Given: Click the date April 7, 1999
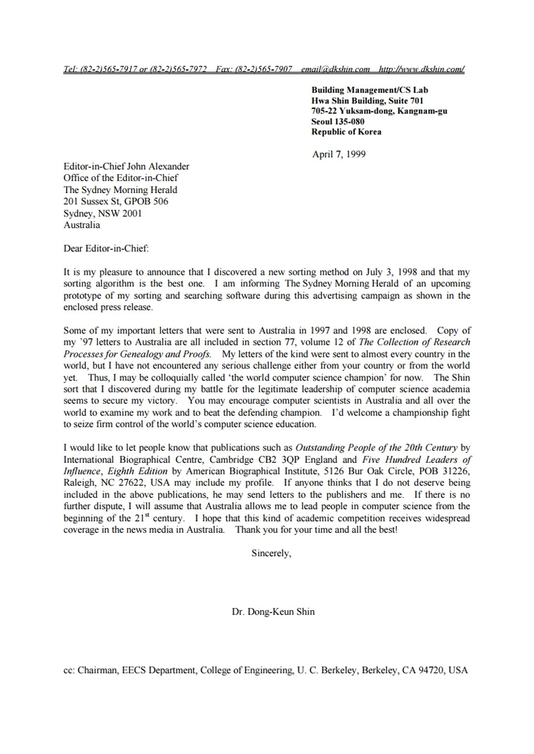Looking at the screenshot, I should point(339,154).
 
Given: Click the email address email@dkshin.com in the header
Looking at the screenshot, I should point(335,70).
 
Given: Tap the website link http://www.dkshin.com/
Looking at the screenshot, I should point(422,70).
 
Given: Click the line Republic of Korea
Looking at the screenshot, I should point(346,131).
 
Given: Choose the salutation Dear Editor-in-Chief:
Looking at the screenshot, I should point(106,248).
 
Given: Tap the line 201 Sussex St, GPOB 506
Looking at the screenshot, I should point(116,201).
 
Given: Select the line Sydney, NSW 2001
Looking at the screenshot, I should point(103,213).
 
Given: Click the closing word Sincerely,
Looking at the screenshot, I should point(271,553).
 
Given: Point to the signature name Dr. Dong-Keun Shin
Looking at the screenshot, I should point(273,611).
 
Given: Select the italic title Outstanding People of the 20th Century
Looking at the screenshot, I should point(376,447).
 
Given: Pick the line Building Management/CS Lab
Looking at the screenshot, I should point(370,90).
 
